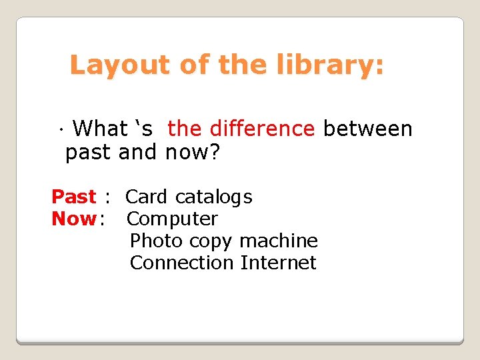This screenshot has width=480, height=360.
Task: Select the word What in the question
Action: click(100, 128)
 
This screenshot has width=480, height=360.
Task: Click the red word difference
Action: click(262, 128)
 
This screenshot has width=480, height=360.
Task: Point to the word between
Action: click(368, 128)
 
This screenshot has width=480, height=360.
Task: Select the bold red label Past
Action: click(74, 197)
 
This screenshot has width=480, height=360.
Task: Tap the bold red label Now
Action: click(74, 219)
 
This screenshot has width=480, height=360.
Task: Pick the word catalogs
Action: click(214, 197)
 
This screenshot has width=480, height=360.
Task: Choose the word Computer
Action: click(173, 219)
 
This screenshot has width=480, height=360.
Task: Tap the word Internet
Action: click(279, 263)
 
